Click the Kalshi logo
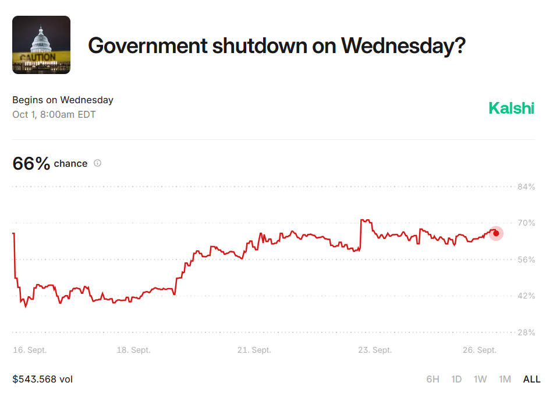511,108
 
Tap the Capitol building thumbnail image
41,45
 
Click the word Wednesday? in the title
403,45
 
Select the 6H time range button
433,379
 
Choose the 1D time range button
456,379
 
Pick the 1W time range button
480,379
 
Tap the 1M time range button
505,379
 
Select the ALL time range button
531,379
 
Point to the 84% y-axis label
526,187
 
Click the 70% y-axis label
526,223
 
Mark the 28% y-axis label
526,332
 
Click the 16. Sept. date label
30,350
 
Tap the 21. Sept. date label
254,350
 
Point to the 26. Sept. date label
480,350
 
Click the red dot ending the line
496,233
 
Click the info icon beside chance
98,163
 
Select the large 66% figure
31,163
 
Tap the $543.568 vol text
42,379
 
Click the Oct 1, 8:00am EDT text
54,114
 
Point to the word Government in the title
148,45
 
